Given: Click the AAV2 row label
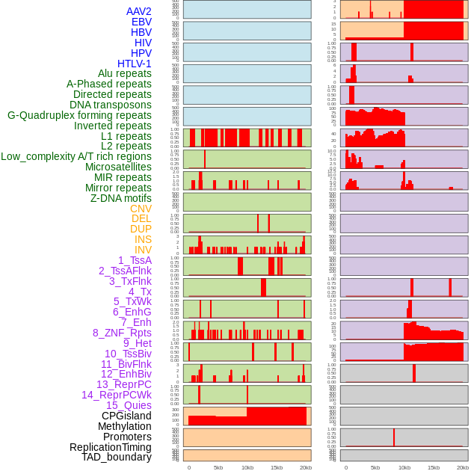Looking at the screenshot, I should [138, 11].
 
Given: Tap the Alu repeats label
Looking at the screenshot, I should [124, 73].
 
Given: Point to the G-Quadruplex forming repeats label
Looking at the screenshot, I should [79, 115].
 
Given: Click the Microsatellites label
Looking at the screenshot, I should [118, 167].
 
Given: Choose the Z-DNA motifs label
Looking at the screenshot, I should [120, 198].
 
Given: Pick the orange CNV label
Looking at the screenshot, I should [141, 209].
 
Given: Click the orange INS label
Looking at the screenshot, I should [143, 239].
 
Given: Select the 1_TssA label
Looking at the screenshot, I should [135, 260].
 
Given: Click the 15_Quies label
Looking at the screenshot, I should [128, 405].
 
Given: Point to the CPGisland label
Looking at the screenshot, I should [126, 416].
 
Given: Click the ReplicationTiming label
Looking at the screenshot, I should [111, 447].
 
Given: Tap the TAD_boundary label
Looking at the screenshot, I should [117, 457].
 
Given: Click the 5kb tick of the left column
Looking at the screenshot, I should [218, 467].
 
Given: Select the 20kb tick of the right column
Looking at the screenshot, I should [463, 467].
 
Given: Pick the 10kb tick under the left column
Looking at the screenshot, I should [247, 467].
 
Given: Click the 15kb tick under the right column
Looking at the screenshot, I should [433, 467].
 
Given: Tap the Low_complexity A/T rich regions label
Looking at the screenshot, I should [76, 156].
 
